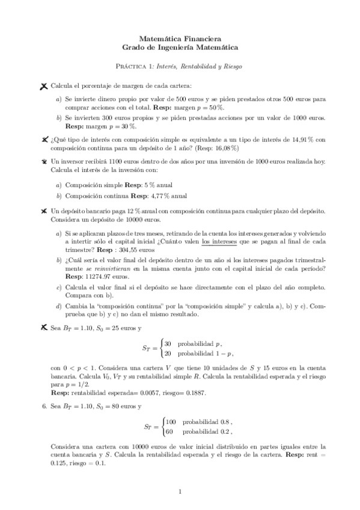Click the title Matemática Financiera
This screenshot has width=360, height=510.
click(x=180, y=37)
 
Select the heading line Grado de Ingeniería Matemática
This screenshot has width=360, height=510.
click(x=180, y=46)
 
